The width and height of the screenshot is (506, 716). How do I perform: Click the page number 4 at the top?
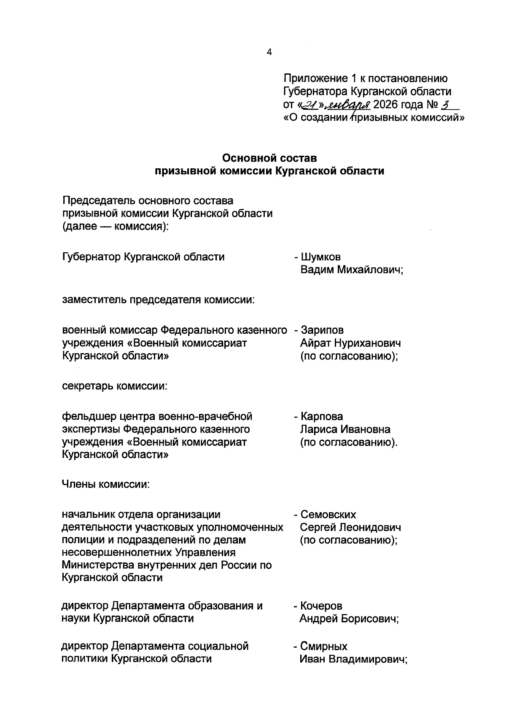(269, 52)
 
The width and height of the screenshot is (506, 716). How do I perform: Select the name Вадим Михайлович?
(352, 270)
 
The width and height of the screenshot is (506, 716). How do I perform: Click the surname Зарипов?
(322, 330)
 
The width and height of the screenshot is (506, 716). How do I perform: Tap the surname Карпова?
(322, 416)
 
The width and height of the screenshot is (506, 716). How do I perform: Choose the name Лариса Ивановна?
(345, 430)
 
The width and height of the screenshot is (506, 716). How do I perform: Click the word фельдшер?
(87, 416)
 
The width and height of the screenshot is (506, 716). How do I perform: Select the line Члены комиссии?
(106, 484)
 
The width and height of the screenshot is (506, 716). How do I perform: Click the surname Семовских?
(328, 514)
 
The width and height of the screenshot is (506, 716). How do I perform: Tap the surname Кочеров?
(321, 606)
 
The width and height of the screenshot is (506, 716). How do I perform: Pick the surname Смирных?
(323, 646)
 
